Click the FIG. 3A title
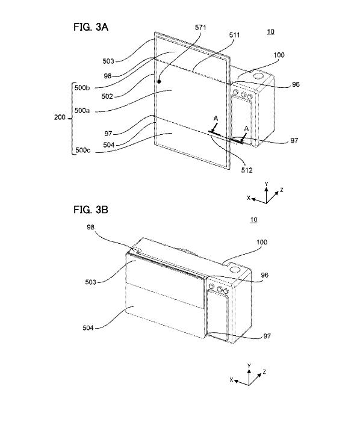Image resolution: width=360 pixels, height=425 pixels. pos(91,27)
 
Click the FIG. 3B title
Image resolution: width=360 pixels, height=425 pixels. pos(91,209)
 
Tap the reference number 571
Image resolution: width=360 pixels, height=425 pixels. pos(200,27)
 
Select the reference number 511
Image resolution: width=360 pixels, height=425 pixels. pos(235,35)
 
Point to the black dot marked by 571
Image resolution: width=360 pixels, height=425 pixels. pos(160,81)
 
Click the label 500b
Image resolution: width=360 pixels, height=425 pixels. pos(82,88)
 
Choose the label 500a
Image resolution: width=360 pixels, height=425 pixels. pos(82,110)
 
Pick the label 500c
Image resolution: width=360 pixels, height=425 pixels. pos(82,150)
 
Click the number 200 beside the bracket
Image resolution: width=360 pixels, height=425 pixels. pos(60,117)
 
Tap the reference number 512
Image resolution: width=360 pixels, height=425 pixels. pos(247,170)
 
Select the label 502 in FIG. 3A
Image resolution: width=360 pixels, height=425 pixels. pos(107,96)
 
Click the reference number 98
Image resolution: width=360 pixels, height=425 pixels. pos(90,227)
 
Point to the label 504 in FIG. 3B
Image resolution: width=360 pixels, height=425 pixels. pos(88,327)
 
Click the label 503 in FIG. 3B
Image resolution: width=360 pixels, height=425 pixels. pos(90,282)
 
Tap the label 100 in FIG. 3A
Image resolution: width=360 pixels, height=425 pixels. pos(279,55)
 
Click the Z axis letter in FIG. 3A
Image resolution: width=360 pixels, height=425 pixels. pos(282,190)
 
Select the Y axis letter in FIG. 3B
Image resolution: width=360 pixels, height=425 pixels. pos(249,366)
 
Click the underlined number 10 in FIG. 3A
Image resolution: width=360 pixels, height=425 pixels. pos(270,32)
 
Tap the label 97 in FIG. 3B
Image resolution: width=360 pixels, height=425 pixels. pos(267,336)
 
